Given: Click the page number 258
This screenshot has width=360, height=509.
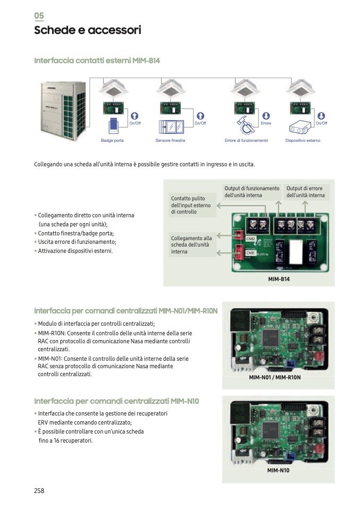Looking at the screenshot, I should pyautogui.click(x=39, y=490).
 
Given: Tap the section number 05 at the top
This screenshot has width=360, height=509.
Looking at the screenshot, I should pyautogui.click(x=39, y=15).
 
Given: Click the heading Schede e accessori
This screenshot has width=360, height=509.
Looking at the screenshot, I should pyautogui.click(x=87, y=30).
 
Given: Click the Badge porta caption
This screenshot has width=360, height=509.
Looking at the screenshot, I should pyautogui.click(x=112, y=140).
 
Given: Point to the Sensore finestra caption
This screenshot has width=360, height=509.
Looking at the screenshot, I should pyautogui.click(x=170, y=140).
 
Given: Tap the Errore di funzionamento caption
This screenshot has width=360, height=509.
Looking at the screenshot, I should pyautogui.click(x=246, y=140).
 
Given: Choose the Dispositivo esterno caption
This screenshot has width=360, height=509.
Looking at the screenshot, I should pyautogui.click(x=303, y=140).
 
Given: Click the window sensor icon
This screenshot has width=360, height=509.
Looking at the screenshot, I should pyautogui.click(x=171, y=127).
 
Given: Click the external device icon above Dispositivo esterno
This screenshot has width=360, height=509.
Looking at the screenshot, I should pyautogui.click(x=302, y=128).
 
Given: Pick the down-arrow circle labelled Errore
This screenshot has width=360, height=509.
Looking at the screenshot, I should pyautogui.click(x=266, y=115).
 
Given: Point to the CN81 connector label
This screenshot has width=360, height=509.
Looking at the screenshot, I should pyautogui.click(x=250, y=253).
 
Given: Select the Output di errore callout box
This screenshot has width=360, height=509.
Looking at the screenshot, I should pyautogui.click(x=306, y=192).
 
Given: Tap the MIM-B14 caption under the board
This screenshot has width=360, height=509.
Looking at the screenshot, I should pyautogui.click(x=279, y=278).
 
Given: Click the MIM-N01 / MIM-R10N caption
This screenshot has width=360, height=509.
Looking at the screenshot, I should pyautogui.click(x=275, y=377).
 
